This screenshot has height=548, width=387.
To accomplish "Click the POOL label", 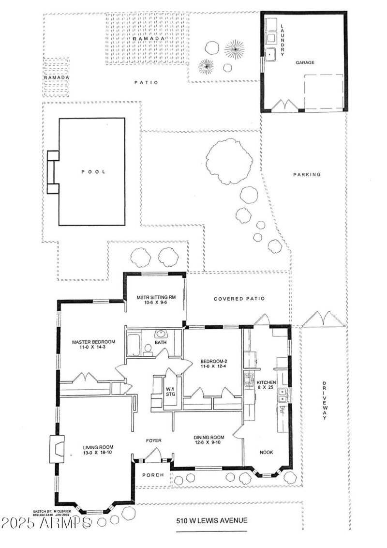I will click(x=93, y=171).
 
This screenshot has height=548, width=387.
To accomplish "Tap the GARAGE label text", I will click(x=305, y=62).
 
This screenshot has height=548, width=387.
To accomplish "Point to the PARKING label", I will click(x=307, y=174).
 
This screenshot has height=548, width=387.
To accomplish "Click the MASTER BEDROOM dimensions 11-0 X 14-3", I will click(x=90, y=348).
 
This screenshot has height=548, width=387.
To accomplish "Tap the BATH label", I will click(x=160, y=342).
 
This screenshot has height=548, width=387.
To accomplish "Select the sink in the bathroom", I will click(x=160, y=334).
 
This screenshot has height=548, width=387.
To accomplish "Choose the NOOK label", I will click(x=266, y=452).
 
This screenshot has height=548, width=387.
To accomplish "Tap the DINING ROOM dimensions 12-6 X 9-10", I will click(x=207, y=442).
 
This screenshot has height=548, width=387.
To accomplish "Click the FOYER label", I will click(x=154, y=440).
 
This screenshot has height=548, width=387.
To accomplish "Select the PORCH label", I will click(x=153, y=475).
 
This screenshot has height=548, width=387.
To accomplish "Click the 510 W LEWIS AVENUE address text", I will click(x=211, y=520).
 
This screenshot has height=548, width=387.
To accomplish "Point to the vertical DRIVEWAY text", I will click(x=324, y=401).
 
